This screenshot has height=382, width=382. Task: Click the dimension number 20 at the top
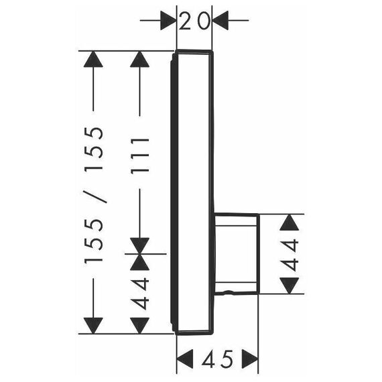[194, 21]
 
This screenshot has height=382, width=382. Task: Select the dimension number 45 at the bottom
[217, 359]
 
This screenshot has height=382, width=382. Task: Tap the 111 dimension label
[139, 156]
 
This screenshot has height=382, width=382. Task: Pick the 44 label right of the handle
[289, 255]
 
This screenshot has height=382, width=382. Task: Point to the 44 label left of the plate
[139, 294]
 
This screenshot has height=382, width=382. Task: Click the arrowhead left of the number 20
[168, 21]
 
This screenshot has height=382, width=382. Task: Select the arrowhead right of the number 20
[220, 21]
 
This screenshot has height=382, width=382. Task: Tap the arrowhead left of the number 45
[185, 359]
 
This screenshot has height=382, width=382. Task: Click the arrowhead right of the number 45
[250, 359]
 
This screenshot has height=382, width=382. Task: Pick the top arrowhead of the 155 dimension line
[93, 59]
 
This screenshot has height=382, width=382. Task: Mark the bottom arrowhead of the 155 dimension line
[93, 326]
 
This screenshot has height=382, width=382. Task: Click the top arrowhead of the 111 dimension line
[139, 59]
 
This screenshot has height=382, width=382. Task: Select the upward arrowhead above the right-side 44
[289, 222]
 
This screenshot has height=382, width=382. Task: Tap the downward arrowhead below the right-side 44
[289, 285]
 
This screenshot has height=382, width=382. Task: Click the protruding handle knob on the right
[237, 253]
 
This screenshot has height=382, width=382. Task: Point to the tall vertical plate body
[192, 192]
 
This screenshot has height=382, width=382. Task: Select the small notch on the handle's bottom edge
[227, 292]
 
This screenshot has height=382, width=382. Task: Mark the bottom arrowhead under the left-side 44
[139, 326]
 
